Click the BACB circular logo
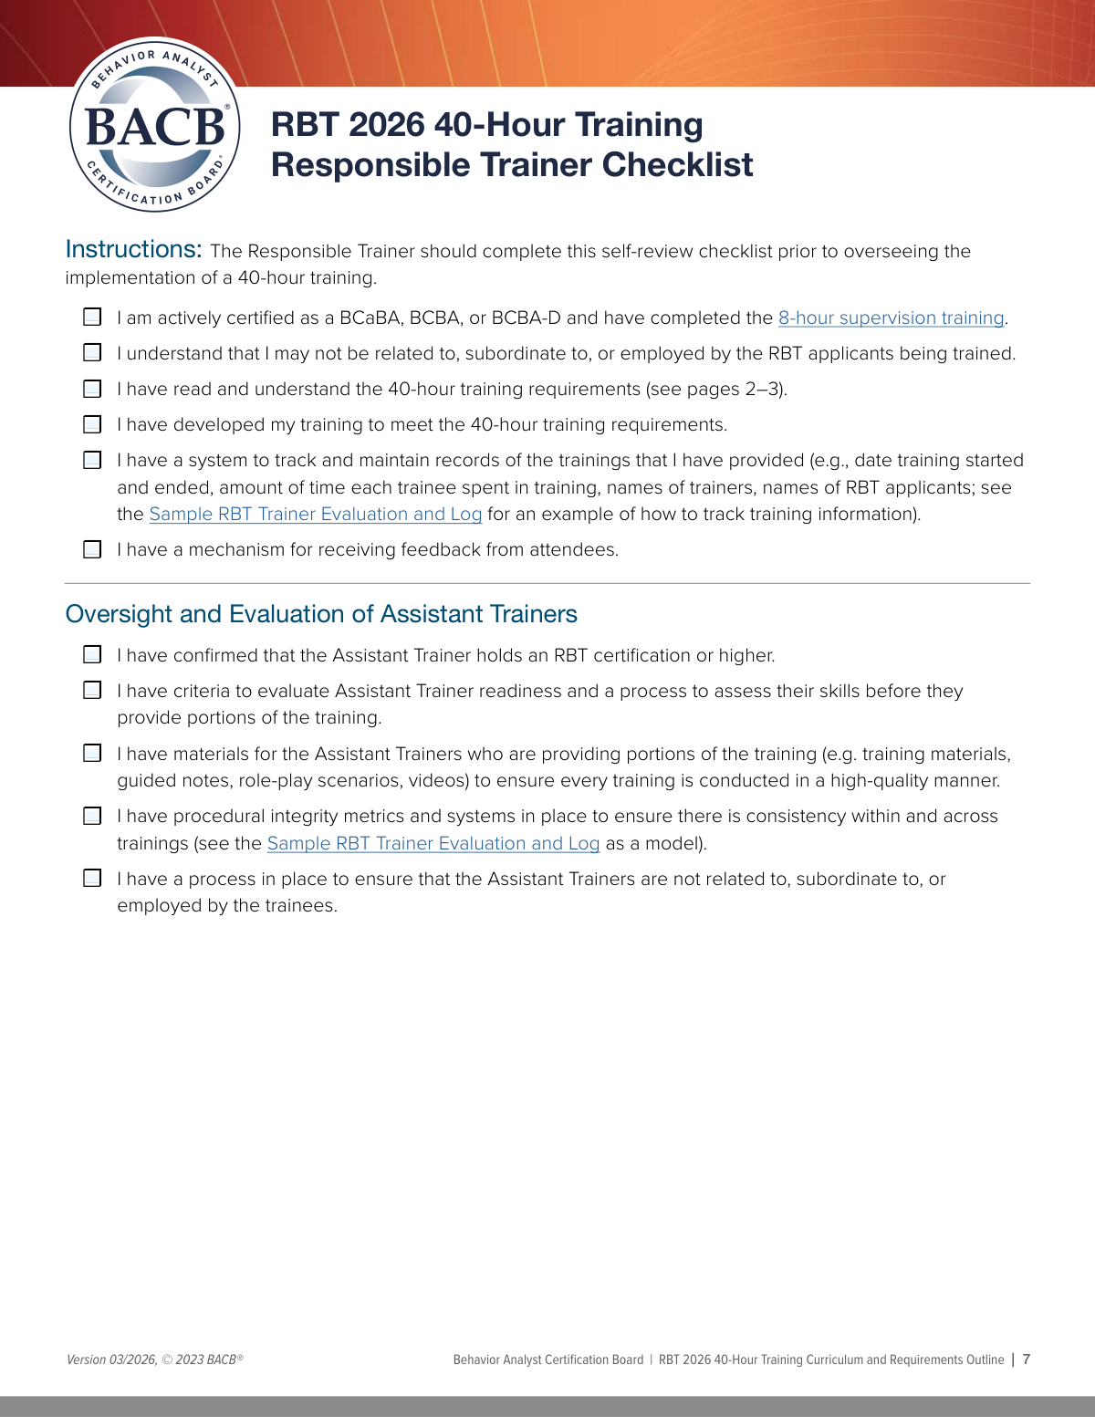155,125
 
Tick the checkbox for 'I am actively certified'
92,318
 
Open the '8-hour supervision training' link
891,318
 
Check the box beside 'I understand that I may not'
92,353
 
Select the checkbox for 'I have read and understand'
92,389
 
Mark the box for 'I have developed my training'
92,424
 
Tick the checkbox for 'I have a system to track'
92,460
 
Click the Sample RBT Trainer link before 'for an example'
315,515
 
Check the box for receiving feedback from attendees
92,549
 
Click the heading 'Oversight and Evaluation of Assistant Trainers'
321,614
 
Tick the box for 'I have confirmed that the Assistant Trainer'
92,655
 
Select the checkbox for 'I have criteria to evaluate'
92,691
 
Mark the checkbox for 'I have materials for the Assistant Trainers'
92,754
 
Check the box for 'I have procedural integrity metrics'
92,816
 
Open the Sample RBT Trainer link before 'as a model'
433,844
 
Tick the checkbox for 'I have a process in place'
92,879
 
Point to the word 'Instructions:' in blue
133,250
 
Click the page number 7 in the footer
1027,1360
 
